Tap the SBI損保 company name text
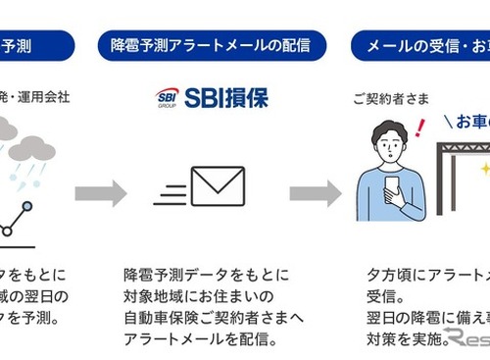coord(223,98)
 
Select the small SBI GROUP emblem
coord(167,98)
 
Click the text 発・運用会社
coord(37,99)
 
